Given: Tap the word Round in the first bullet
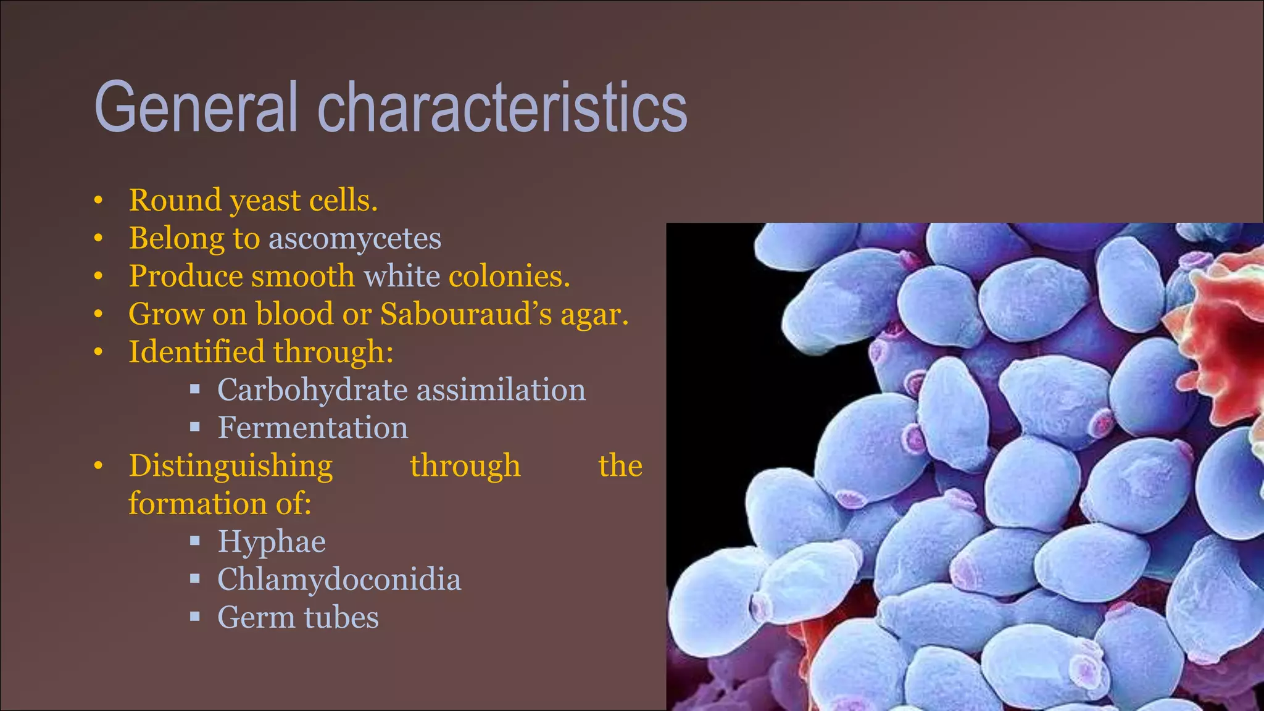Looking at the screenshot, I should pyautogui.click(x=175, y=200).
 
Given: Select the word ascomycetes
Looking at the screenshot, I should pyautogui.click(x=355, y=238).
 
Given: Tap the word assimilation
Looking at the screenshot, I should pyautogui.click(x=501, y=390).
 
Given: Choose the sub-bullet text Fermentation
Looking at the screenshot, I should pyautogui.click(x=312, y=428).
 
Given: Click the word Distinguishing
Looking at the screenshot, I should pyautogui.click(x=230, y=466).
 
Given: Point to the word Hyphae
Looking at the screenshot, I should pyautogui.click(x=272, y=542).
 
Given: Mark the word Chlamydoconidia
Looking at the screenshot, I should pyautogui.click(x=339, y=580).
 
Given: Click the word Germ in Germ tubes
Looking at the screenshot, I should pyautogui.click(x=256, y=617).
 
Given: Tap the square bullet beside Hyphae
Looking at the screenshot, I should pyautogui.click(x=195, y=541).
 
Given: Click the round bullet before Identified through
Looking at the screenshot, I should pyautogui.click(x=98, y=352).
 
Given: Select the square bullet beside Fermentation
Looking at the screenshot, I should pyautogui.click(x=195, y=427).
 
